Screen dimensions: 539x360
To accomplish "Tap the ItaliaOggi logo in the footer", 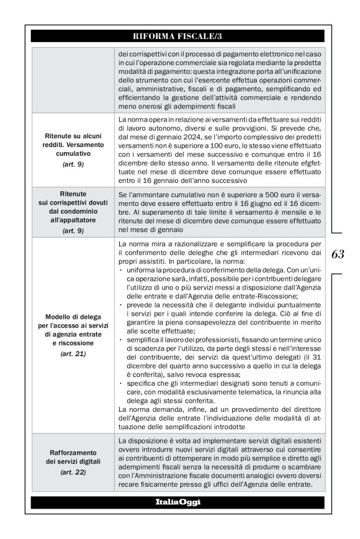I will (177, 502).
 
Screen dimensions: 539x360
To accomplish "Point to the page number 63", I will (338, 254).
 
